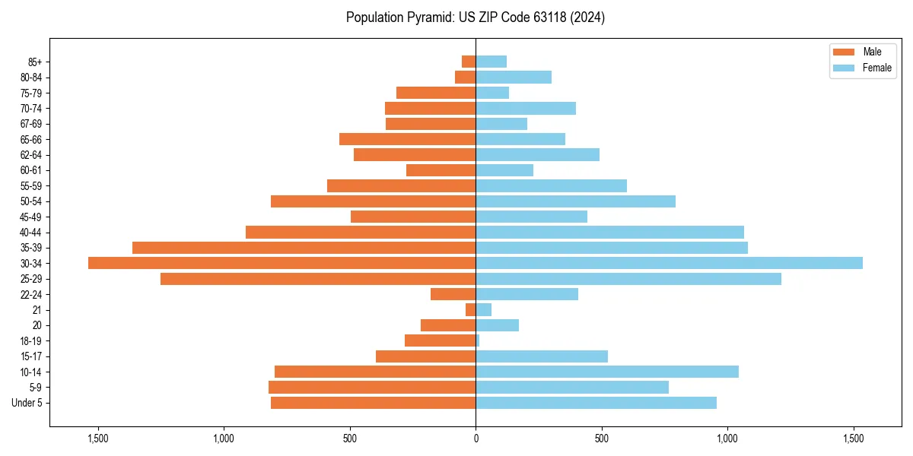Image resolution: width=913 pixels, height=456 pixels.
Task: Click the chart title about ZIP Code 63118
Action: [x=476, y=17]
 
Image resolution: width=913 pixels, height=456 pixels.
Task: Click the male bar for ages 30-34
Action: [x=282, y=263]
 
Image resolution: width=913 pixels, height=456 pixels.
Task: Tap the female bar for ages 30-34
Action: [x=669, y=263]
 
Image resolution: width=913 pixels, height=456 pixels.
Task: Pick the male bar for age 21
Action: [x=471, y=310]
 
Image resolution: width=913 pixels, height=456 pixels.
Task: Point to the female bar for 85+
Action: [x=491, y=62]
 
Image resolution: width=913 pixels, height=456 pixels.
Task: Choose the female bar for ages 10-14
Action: [x=607, y=372]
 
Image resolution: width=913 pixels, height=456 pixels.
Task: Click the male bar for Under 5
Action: [x=373, y=403]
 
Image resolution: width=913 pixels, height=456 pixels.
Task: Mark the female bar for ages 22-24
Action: [x=526, y=294]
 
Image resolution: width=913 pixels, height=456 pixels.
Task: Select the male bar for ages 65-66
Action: [x=407, y=139]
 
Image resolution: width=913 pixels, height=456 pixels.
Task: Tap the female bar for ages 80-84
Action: [x=514, y=77]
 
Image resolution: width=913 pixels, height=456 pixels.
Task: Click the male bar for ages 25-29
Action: [x=318, y=279]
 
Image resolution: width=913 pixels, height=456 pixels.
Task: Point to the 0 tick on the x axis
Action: [x=476, y=439]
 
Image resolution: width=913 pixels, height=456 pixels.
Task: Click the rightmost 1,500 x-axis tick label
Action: [x=854, y=439]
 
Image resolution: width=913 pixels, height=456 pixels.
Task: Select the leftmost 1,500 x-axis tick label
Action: [x=98, y=439]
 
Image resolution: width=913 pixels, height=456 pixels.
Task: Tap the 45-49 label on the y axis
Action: [x=31, y=217]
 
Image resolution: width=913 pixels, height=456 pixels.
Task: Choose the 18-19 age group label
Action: [x=31, y=340]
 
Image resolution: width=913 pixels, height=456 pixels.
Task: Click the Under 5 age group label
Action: [x=27, y=403]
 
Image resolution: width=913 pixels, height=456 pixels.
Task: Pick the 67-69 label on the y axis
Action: [x=31, y=124]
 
